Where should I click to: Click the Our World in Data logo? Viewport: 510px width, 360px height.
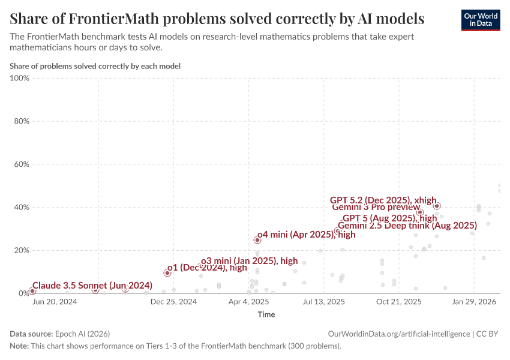[x=480, y=20]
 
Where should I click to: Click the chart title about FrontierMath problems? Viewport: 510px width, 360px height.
[x=217, y=19]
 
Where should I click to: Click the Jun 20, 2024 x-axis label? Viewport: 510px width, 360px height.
[x=54, y=302]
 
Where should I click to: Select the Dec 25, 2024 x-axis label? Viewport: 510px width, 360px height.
[x=173, y=302]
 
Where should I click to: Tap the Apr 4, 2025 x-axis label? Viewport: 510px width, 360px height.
[x=248, y=302]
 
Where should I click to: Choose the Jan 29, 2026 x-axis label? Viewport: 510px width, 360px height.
[x=473, y=302]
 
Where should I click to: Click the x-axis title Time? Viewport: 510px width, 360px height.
[x=266, y=314]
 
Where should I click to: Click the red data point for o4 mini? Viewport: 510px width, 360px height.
[x=257, y=240]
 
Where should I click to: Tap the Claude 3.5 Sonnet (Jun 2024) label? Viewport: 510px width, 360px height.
[x=92, y=285]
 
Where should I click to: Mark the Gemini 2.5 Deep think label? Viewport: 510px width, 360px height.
[x=407, y=226]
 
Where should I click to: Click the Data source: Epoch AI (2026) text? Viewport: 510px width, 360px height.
[x=59, y=334]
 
